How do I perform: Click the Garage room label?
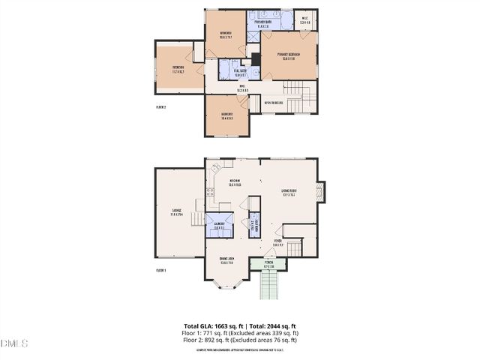tap(177, 212)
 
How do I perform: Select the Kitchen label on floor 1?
tap(234, 182)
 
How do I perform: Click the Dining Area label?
tap(227, 260)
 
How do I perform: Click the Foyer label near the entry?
tap(278, 243)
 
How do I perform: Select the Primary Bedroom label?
tap(289, 56)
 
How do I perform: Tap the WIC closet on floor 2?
tap(305, 20)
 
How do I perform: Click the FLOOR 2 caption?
tap(160, 107)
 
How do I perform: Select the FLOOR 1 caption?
tap(160, 270)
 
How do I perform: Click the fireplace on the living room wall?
tap(322, 192)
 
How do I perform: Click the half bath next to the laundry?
tap(254, 225)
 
